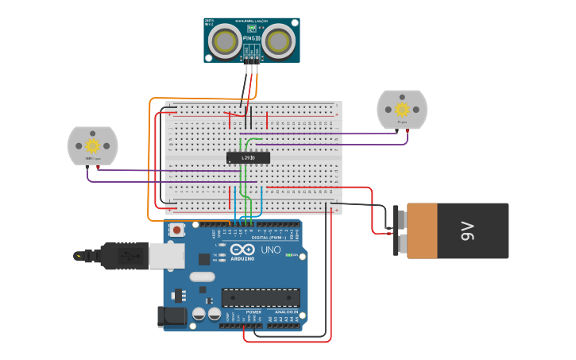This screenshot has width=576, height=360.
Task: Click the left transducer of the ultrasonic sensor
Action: click(225, 41)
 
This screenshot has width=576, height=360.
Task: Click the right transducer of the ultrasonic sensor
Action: click(279, 41)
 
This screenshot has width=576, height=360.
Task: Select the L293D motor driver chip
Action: click(248, 157)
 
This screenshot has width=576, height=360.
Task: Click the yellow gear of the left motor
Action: click(92, 145)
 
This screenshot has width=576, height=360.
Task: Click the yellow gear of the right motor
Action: click(402, 109)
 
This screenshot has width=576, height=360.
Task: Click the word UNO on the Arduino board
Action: click(271, 250)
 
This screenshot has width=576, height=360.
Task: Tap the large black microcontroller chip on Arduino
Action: click(261, 297)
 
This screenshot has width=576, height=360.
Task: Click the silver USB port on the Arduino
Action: click(168, 255)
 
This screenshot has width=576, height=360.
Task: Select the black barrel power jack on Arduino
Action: click(172, 317)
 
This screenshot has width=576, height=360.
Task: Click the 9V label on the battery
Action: click(467, 231)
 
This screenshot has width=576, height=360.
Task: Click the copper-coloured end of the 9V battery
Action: click(421, 230)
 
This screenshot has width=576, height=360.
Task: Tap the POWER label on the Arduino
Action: click(253, 312)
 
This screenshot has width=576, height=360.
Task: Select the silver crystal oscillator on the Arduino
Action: click(202, 277)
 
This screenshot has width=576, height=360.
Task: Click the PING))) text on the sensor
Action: click(252, 37)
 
